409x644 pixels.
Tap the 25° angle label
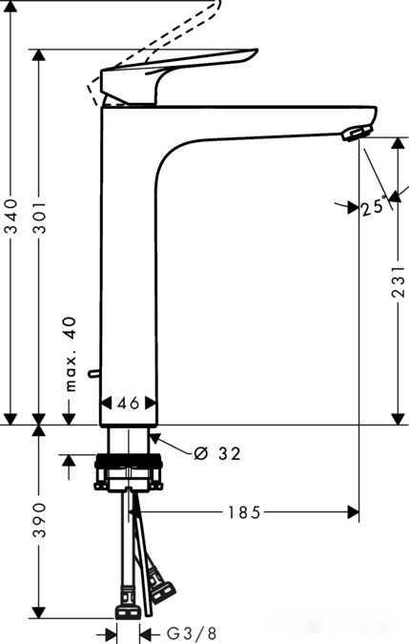(374, 206)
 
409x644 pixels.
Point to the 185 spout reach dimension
(244, 512)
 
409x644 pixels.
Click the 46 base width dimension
(129, 403)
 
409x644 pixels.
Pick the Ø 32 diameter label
(216, 453)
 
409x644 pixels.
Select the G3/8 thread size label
(191, 634)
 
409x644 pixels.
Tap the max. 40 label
(70, 355)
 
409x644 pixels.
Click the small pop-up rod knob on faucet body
(92, 373)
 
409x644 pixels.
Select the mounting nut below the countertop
(129, 473)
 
